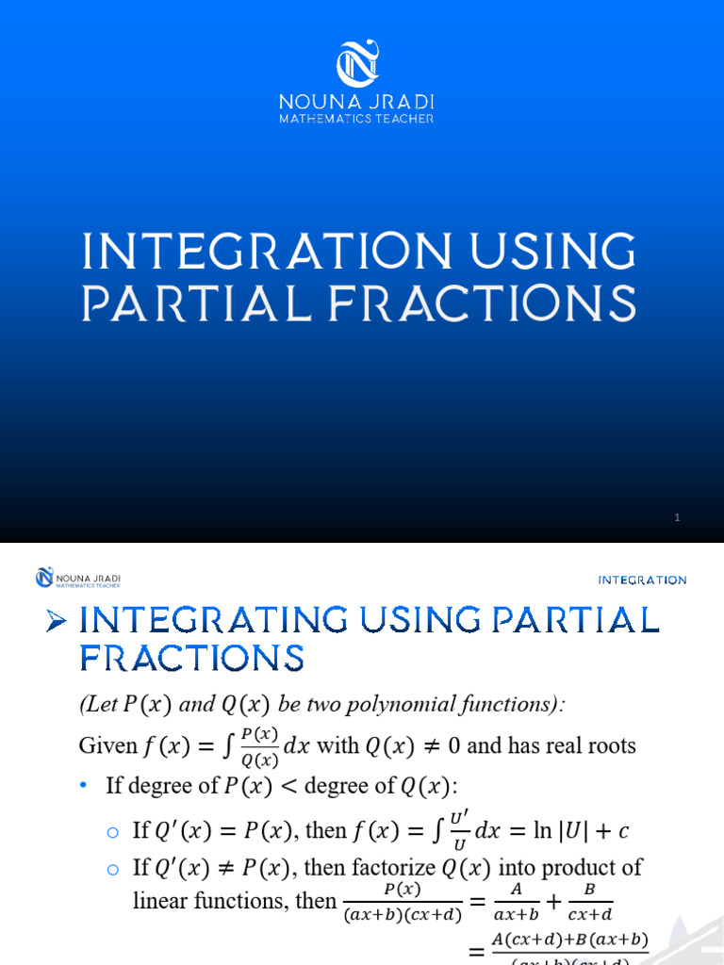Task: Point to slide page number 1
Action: pyautogui.click(x=677, y=517)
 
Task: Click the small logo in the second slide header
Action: pyautogui.click(x=44, y=577)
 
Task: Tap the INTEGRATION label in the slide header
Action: pyautogui.click(x=643, y=581)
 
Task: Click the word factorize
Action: pyautogui.click(x=403, y=867)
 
